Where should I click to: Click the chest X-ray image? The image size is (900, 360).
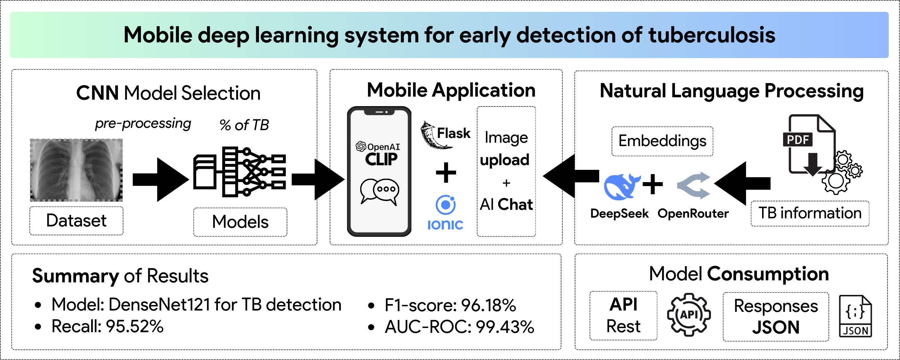pyautogui.click(x=76, y=170)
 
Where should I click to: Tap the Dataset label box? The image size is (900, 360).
pyautogui.click(x=76, y=221)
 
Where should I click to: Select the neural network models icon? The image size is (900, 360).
pyautogui.click(x=240, y=172)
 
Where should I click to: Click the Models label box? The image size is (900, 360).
pyautogui.click(x=240, y=222)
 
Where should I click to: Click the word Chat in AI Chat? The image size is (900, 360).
pyautogui.click(x=515, y=204)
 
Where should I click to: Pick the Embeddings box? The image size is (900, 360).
pyautogui.click(x=662, y=141)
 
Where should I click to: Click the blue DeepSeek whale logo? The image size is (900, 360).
pyautogui.click(x=620, y=187)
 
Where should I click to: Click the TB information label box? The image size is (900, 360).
pyautogui.click(x=810, y=213)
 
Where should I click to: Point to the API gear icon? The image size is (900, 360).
pyautogui.click(x=689, y=315)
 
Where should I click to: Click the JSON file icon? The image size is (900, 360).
pyautogui.click(x=855, y=316)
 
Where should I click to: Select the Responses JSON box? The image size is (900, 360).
pyautogui.click(x=776, y=317)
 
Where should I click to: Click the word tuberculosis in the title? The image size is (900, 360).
pyautogui.click(x=712, y=35)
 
